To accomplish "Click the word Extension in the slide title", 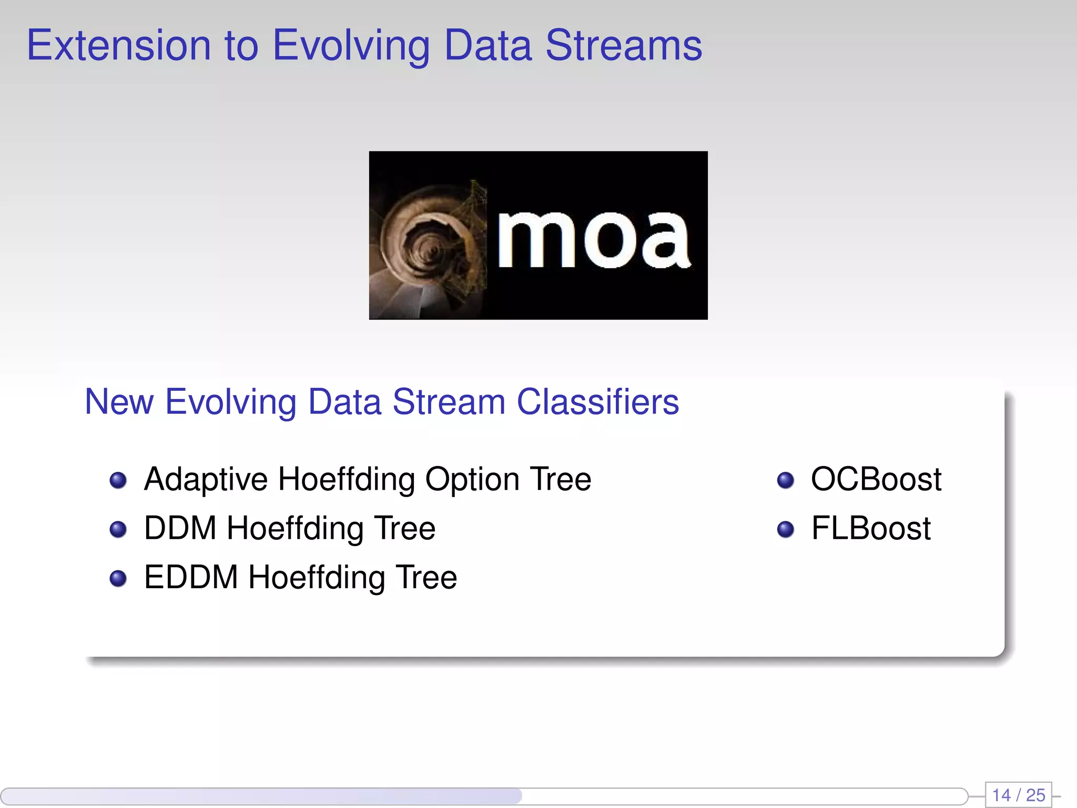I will point(119,46).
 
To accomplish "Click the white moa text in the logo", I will point(593,239).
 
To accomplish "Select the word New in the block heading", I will point(119,402).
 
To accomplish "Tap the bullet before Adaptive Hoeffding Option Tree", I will point(118,480).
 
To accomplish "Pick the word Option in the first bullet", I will point(472,480).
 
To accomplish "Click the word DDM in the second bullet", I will point(180,528).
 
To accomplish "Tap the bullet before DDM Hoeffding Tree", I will point(118,529).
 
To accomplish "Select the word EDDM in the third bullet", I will point(191,577).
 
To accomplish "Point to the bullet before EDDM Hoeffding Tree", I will point(118,578).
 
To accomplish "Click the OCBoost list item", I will point(876,480).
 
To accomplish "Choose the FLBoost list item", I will point(870,528).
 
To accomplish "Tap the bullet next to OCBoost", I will point(785,480).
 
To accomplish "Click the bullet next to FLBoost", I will point(785,529).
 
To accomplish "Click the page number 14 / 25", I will point(1018,795).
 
